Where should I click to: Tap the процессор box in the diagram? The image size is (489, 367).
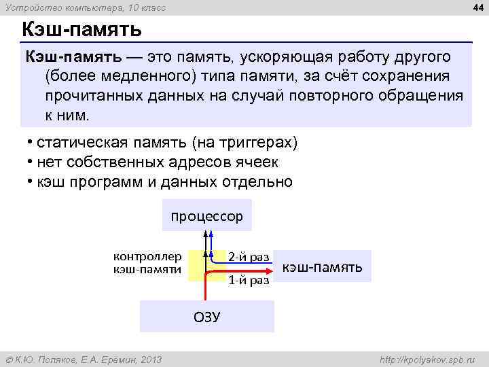click(x=206, y=216)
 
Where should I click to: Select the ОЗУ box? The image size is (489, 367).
click(x=206, y=317)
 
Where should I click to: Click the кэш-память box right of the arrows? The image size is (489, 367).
click(x=321, y=266)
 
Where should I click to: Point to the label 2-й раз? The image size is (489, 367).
click(x=249, y=256)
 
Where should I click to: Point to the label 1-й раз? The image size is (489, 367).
click(x=249, y=279)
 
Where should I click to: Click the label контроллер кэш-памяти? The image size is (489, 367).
click(x=147, y=263)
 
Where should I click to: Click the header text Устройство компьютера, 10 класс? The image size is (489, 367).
click(x=86, y=7)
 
